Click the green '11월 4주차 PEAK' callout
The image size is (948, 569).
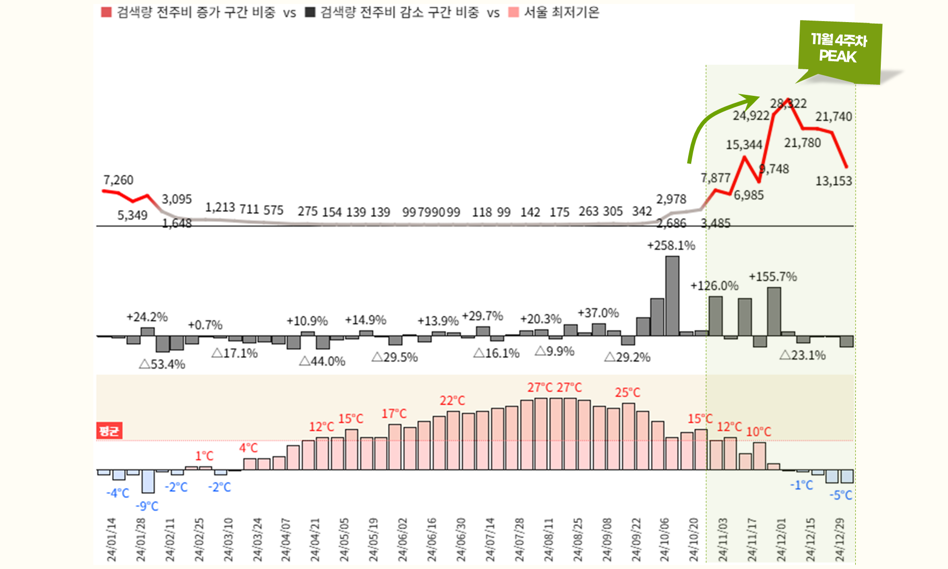[839, 49]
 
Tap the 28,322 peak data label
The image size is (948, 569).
[788, 104]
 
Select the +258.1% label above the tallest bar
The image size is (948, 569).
[671, 245]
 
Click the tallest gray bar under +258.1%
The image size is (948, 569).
[672, 296]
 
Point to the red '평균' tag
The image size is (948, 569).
[109, 431]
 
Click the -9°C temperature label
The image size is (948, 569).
[147, 506]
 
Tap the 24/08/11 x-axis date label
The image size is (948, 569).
[549, 539]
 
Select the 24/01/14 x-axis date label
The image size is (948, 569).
[111, 539]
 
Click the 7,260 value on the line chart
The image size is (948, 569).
[118, 180]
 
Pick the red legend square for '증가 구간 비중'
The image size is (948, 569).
[106, 12]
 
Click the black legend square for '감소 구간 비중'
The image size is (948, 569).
[310, 12]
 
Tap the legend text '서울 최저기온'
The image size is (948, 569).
[561, 12]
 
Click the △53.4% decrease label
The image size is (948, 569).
[162, 364]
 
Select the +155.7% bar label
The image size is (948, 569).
[772, 276]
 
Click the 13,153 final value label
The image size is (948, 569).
[834, 181]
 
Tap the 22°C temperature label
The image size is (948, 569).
[452, 400]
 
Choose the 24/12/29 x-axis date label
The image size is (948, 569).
[840, 539]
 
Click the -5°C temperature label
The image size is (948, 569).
[841, 495]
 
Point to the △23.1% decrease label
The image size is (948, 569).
[803, 355]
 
